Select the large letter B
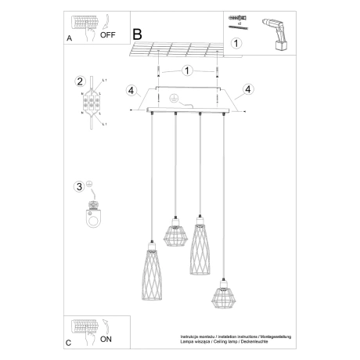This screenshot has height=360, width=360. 138,34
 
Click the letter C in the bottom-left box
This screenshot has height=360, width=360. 68,343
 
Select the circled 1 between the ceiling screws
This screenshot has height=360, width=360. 185,70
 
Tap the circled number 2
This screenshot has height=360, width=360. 79,82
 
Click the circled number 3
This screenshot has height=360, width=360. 78,186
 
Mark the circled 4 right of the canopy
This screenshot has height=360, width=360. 248,89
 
